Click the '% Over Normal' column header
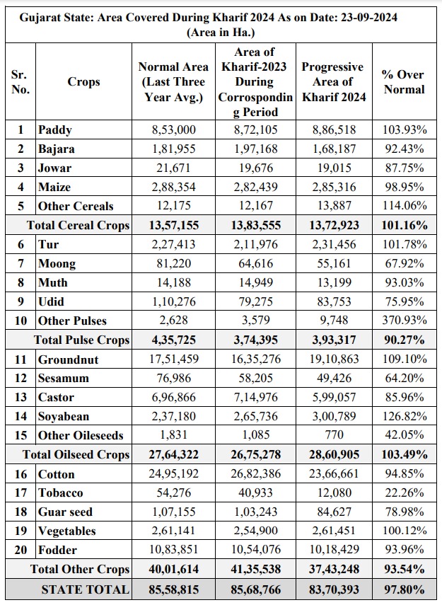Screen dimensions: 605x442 (403, 82)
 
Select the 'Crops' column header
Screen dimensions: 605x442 (83, 82)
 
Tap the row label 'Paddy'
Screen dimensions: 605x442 (55, 129)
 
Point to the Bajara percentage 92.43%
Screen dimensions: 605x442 (403, 149)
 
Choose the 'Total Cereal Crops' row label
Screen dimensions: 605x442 (78, 225)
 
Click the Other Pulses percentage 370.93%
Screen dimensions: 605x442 (403, 321)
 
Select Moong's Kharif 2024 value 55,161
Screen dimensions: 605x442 (333, 263)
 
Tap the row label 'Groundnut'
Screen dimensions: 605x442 (69, 359)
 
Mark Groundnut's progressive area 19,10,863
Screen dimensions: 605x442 (333, 359)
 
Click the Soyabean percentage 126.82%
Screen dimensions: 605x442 (403, 416)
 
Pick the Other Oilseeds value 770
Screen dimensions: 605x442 (333, 435)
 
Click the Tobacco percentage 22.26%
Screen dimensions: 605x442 (403, 492)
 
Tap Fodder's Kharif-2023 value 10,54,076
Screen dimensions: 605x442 (253, 550)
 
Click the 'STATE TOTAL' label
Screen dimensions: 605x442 (85, 589)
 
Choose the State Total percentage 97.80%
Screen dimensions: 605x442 (403, 589)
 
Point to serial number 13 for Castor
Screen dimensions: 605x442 (21, 397)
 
